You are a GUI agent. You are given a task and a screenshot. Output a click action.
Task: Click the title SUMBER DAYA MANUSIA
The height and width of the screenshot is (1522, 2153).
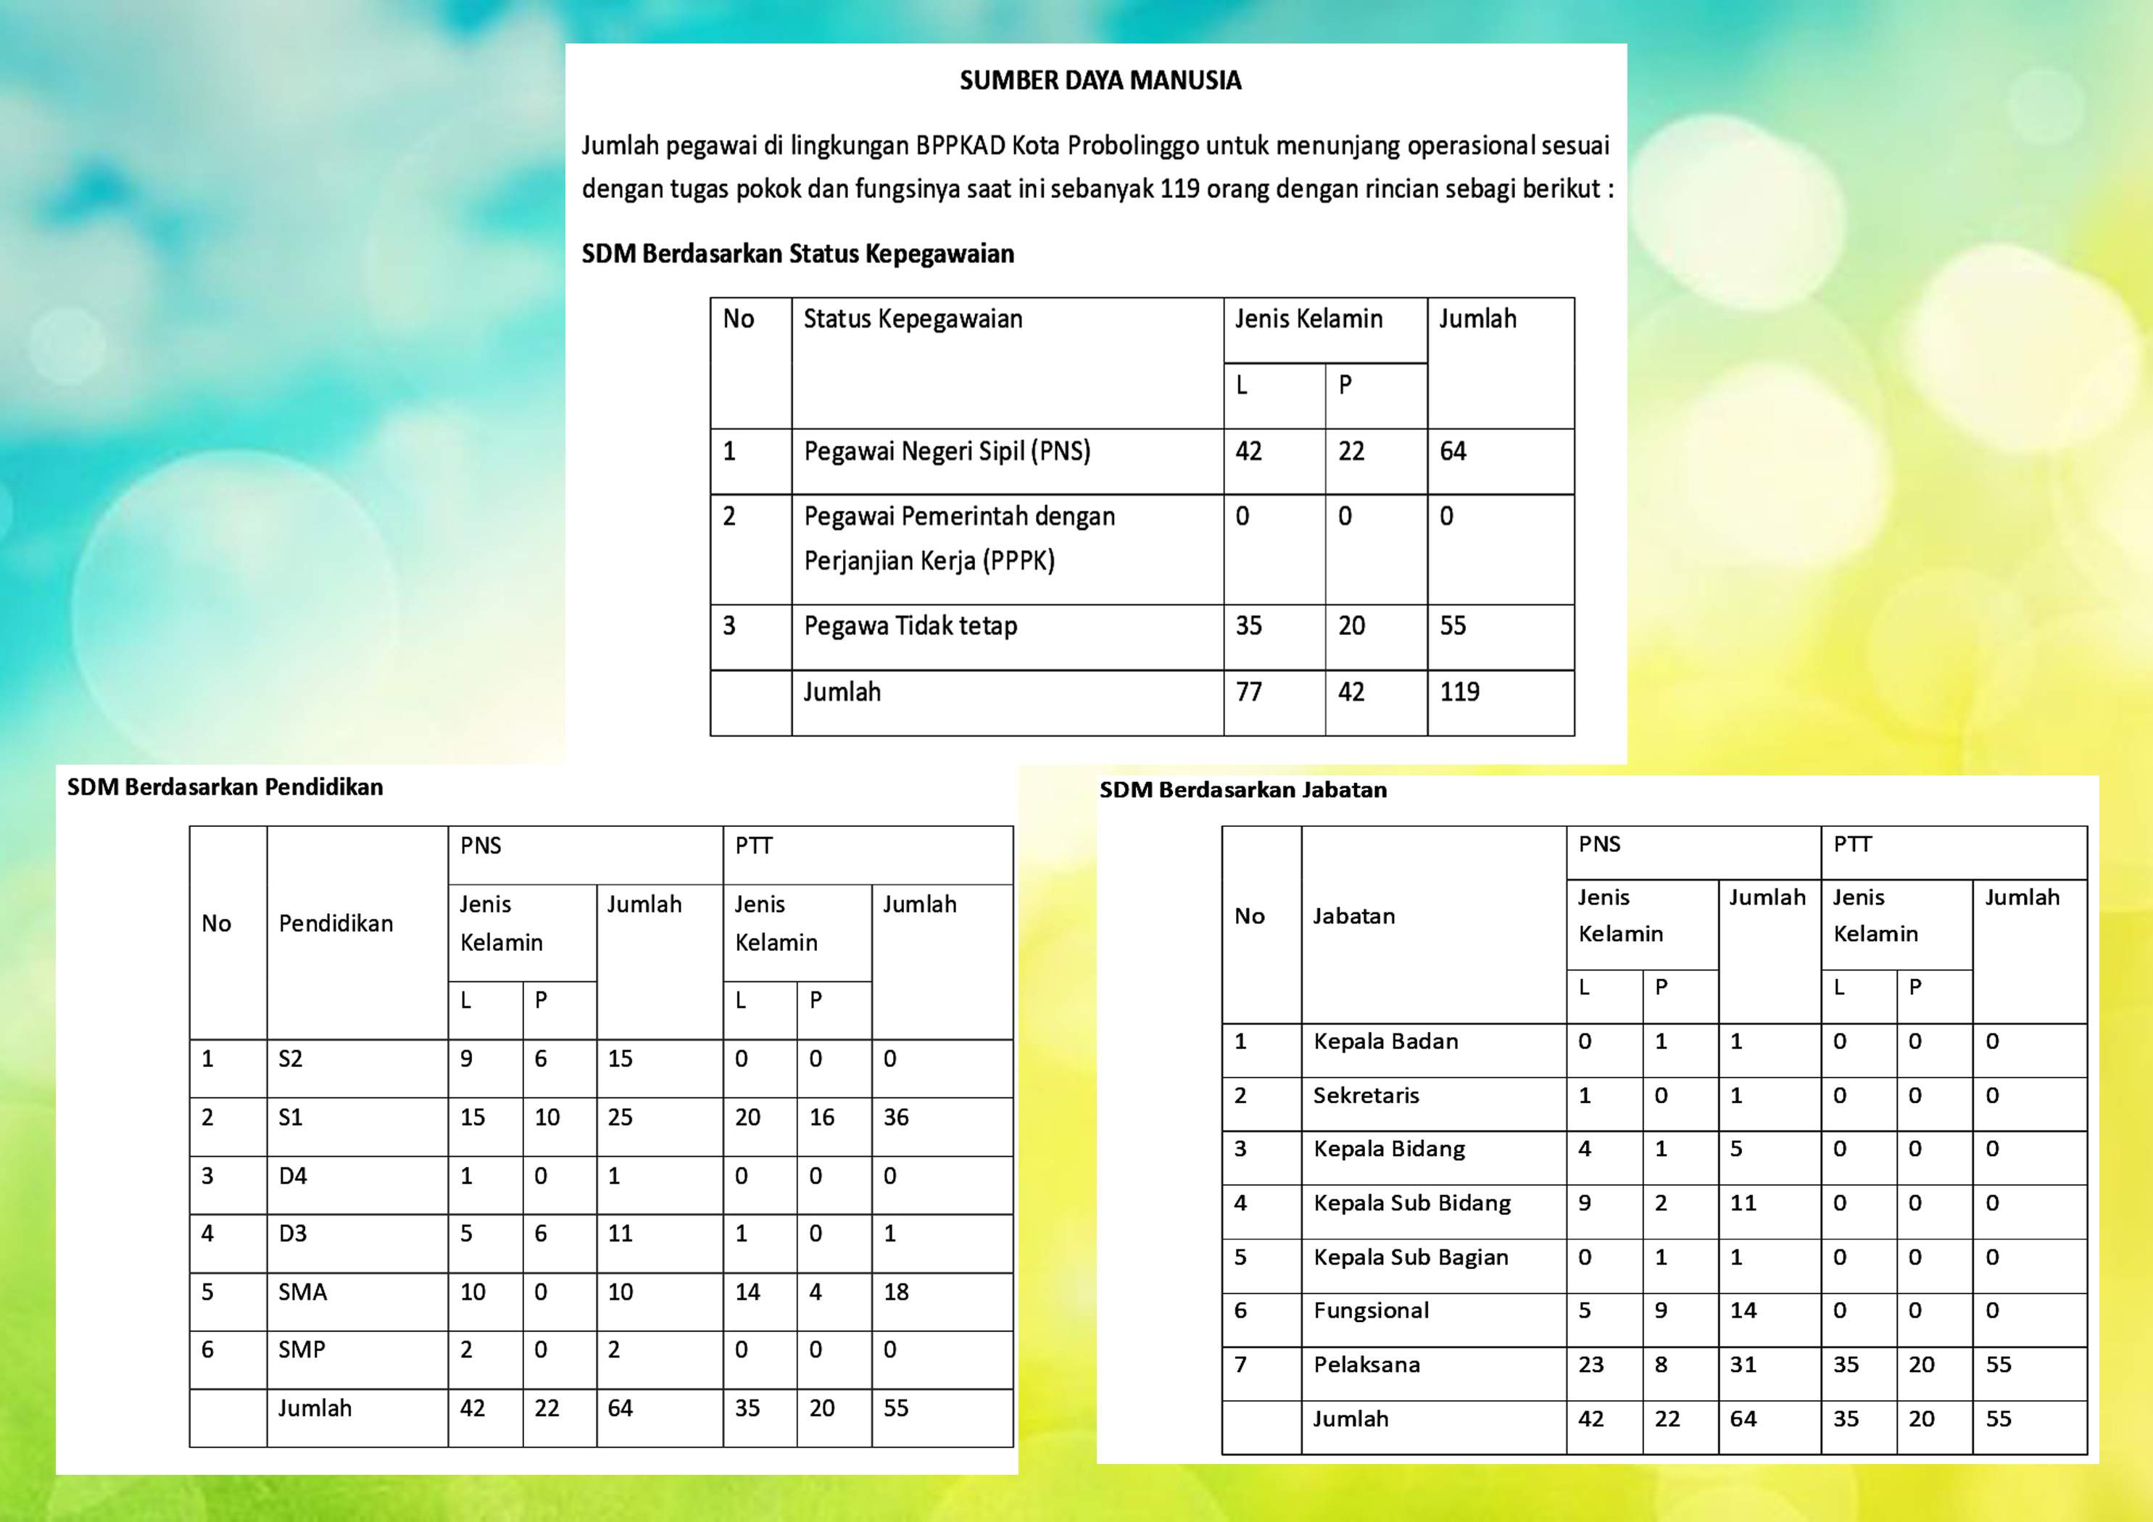click(x=1100, y=80)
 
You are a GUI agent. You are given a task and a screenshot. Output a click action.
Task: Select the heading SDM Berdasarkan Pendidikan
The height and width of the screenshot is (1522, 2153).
click(x=225, y=787)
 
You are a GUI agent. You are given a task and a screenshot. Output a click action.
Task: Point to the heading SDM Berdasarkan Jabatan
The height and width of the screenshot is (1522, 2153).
click(x=1243, y=789)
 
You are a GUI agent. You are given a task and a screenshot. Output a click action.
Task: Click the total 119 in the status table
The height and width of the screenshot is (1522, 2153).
click(x=1459, y=692)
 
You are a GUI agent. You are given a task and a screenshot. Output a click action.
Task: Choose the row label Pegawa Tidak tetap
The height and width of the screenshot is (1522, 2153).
click(x=910, y=625)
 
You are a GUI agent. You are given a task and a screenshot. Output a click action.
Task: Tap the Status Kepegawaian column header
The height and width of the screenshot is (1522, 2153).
click(x=913, y=319)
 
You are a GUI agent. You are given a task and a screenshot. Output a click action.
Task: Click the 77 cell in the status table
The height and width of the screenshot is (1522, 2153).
click(x=1248, y=692)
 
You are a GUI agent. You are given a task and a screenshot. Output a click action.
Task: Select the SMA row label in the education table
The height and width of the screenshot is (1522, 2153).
click(x=302, y=1292)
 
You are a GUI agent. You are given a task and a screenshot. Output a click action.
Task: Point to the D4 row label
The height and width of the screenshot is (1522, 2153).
click(x=293, y=1176)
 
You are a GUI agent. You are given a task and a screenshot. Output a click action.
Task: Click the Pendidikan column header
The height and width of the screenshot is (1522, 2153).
click(x=336, y=923)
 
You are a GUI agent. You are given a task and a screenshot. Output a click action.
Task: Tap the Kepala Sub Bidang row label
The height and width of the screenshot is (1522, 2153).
click(x=1411, y=1203)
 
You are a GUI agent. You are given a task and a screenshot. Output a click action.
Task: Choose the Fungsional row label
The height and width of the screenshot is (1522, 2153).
click(x=1371, y=1310)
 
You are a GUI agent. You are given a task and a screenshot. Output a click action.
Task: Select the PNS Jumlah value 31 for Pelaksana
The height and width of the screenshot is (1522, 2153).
click(x=1742, y=1365)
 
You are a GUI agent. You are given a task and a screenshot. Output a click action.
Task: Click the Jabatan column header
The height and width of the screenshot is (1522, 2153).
click(x=1353, y=916)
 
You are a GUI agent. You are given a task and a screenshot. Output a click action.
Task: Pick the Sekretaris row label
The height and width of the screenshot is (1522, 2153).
click(x=1366, y=1095)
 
